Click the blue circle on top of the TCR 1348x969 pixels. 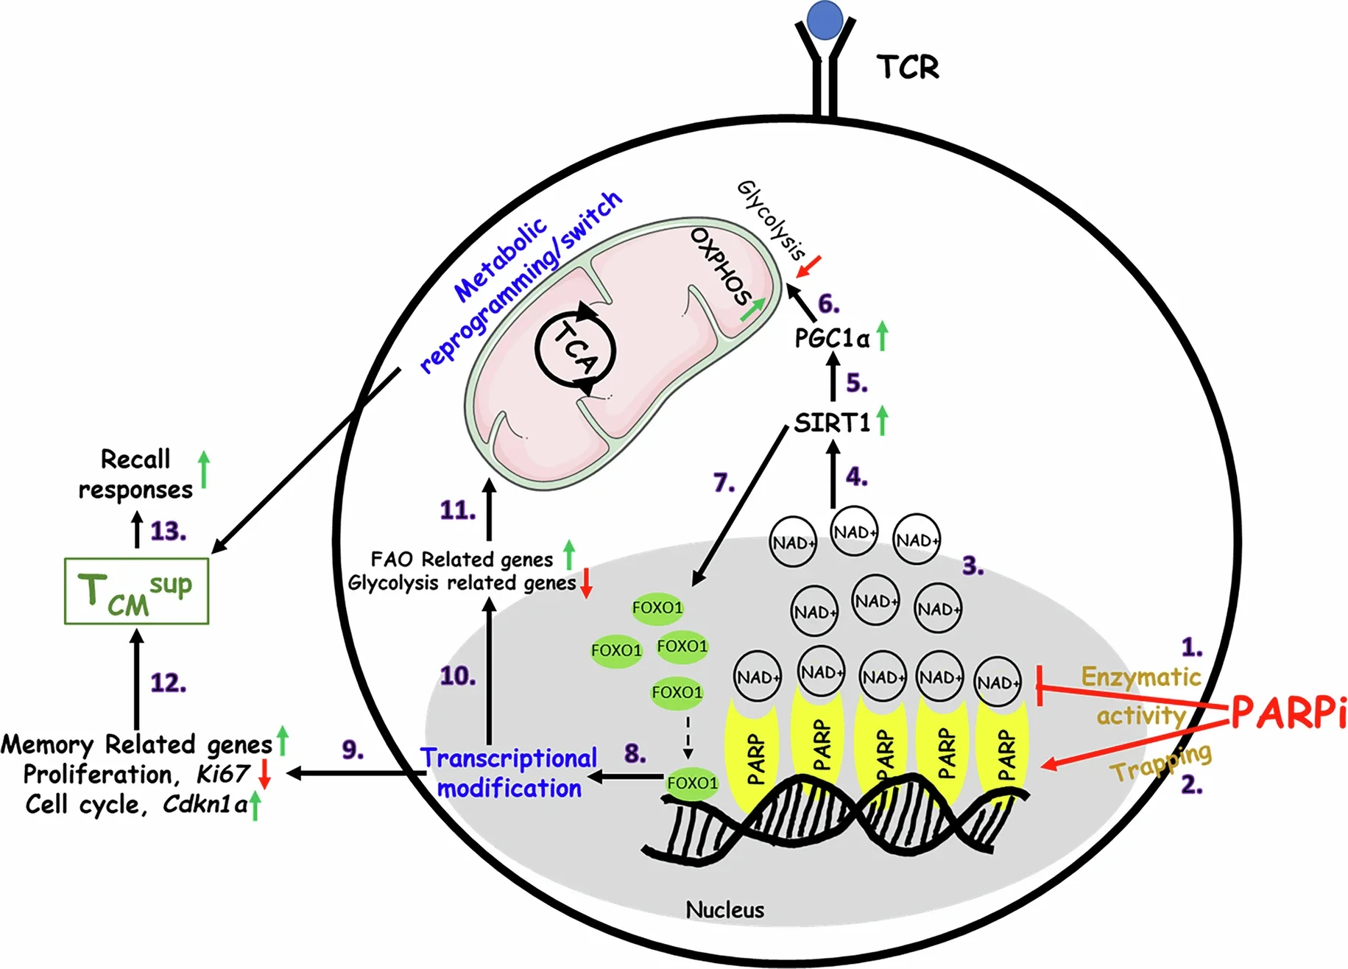pyautogui.click(x=825, y=20)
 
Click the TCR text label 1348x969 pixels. pyautogui.click(x=908, y=68)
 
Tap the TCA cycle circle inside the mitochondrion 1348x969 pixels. pyautogui.click(x=575, y=349)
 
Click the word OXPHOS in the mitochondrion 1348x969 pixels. pyautogui.click(x=720, y=267)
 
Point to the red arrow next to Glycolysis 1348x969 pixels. pyautogui.click(x=809, y=267)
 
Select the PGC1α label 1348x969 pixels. pyautogui.click(x=832, y=339)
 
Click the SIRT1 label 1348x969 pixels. pyautogui.click(x=832, y=423)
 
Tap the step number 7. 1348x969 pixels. pyautogui.click(x=724, y=483)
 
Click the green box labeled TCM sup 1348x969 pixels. pyautogui.click(x=136, y=591)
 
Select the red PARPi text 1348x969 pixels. pyautogui.click(x=1288, y=712)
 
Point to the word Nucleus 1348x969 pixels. pyautogui.click(x=724, y=910)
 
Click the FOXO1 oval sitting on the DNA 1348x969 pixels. pyautogui.click(x=692, y=783)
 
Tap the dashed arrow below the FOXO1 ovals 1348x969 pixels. pyautogui.click(x=688, y=736)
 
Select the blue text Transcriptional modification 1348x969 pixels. pyautogui.click(x=509, y=773)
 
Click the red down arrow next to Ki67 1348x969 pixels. pyautogui.click(x=265, y=775)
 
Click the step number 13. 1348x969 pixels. pyautogui.click(x=168, y=532)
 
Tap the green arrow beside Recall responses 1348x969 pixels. pyautogui.click(x=204, y=469)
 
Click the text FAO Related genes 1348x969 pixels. pyautogui.click(x=462, y=560)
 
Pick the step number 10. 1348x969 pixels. pyautogui.click(x=457, y=676)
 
